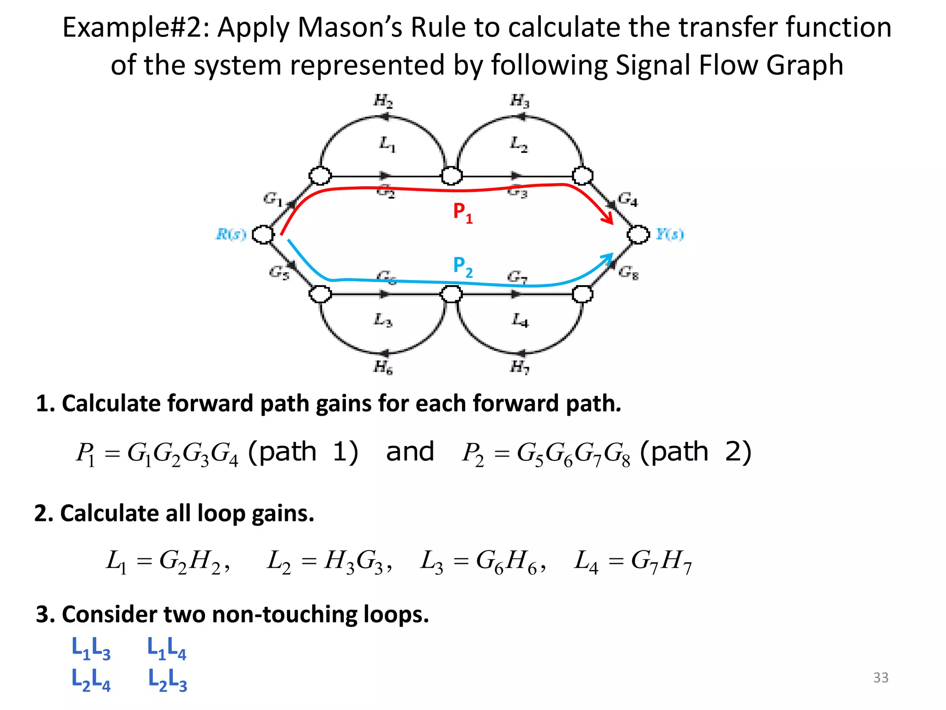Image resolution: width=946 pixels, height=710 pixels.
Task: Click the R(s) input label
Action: [x=231, y=234]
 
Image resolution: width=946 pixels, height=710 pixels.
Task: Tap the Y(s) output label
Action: [x=670, y=234]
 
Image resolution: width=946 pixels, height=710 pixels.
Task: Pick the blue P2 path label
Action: [x=462, y=267]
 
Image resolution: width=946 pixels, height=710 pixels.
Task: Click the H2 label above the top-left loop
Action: [x=383, y=100]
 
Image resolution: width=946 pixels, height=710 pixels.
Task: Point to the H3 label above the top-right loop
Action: [x=520, y=100]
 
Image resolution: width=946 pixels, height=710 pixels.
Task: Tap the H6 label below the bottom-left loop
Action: [x=383, y=367]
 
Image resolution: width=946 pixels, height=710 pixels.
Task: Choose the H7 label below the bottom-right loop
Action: [x=520, y=367]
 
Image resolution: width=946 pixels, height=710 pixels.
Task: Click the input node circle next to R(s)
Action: [x=263, y=234]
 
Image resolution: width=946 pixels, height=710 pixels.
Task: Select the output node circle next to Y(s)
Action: [x=638, y=234]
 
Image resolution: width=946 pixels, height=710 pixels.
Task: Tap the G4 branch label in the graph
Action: [x=628, y=199]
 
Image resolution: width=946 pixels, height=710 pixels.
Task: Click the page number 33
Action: [x=880, y=678]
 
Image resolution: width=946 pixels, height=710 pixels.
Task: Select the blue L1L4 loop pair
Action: [x=166, y=648]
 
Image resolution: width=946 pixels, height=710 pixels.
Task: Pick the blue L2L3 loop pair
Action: [x=167, y=680]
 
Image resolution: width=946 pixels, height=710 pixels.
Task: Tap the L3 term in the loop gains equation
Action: [x=431, y=562]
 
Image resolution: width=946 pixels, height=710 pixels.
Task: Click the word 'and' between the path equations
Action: [x=410, y=452]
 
